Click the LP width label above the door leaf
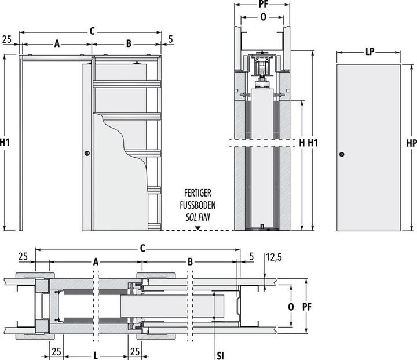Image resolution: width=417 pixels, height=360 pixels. (370, 52)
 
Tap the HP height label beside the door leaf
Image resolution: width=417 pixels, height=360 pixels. (412, 143)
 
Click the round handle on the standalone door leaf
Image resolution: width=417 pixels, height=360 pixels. (342, 154)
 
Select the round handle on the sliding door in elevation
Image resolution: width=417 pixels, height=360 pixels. (87, 153)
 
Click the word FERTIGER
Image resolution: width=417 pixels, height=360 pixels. (197, 193)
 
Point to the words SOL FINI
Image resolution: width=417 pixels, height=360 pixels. (197, 217)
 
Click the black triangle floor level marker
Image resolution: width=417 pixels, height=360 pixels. (197, 228)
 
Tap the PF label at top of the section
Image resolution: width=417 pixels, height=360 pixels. (263, 5)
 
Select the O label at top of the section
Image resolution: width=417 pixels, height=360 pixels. (263, 17)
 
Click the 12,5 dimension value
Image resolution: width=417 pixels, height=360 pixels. (273, 257)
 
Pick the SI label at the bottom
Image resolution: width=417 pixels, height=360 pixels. (220, 356)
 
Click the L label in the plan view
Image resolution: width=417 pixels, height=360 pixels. (96, 356)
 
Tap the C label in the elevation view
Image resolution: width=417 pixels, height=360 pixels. (92, 31)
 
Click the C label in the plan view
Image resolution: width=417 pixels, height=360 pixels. (142, 249)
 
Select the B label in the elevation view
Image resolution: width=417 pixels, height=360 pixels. (129, 43)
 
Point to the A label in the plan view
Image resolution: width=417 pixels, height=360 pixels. (96, 262)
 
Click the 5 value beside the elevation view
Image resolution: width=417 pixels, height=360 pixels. (170, 39)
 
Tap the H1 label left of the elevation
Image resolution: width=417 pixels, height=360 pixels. (5, 143)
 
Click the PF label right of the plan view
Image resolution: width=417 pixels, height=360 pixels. (307, 307)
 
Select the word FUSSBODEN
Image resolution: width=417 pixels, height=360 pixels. (197, 205)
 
